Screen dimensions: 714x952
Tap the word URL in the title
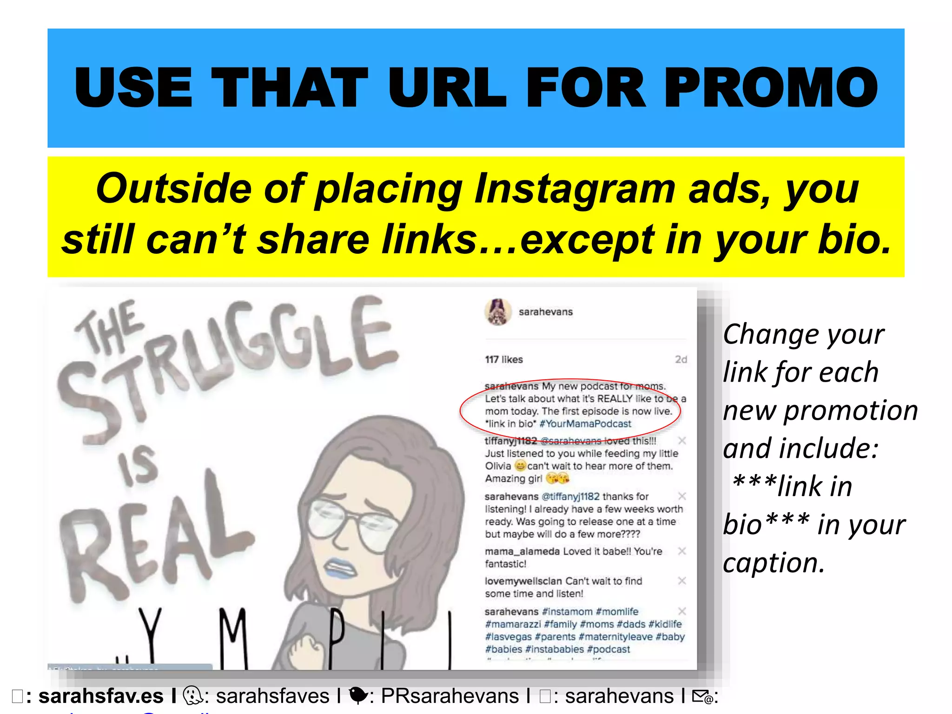tap(447, 88)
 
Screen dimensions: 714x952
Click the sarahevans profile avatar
tap(498, 312)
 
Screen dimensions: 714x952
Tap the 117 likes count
tap(504, 359)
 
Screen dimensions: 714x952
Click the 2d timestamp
tap(681, 359)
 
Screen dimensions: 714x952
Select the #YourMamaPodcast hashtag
tap(585, 424)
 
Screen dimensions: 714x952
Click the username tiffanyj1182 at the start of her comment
tap(510, 441)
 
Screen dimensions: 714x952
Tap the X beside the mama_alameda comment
tap(682, 551)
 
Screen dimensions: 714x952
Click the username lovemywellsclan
tap(523, 581)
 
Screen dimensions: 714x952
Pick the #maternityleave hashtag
tap(615, 637)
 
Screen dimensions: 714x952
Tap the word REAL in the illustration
tap(153, 535)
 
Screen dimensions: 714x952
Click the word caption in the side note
tap(773, 563)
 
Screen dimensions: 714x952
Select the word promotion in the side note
tap(850, 411)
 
